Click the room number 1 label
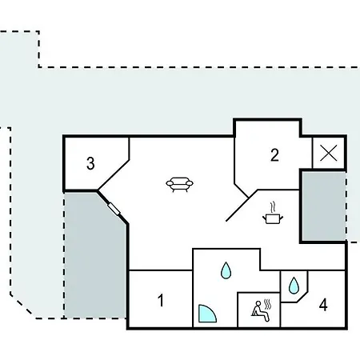[x=161, y=301]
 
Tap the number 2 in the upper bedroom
[x=274, y=155]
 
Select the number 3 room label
[x=90, y=163]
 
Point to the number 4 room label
[x=323, y=305]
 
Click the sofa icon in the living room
[x=179, y=185]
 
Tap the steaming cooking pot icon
[x=273, y=214]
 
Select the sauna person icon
[x=261, y=310]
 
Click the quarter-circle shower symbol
[x=206, y=314]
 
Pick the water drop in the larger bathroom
[x=226, y=270]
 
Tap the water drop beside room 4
[x=294, y=286]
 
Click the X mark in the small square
[x=329, y=153]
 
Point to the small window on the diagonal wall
[x=114, y=209]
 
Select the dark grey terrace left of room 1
[x=94, y=256]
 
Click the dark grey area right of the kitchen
[x=324, y=206]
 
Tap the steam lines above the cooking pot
[x=273, y=207]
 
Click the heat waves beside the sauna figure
[x=267, y=304]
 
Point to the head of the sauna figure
[x=258, y=303]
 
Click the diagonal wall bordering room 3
[x=114, y=175]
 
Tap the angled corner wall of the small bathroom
[x=302, y=297]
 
